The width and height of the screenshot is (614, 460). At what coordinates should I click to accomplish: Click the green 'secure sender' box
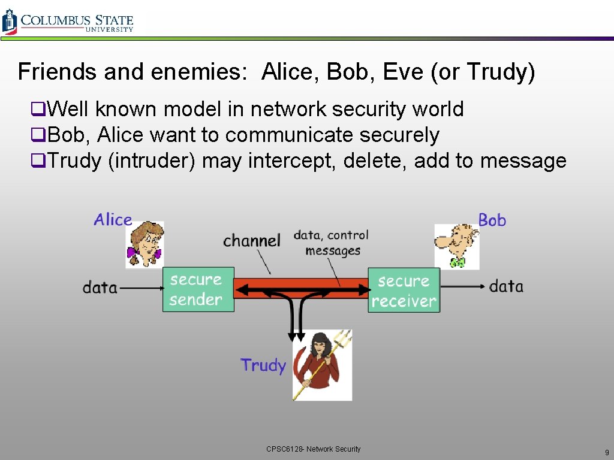198,289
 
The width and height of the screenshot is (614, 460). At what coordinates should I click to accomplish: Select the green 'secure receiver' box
404,290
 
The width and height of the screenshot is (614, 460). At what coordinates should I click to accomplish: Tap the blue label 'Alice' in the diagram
113,220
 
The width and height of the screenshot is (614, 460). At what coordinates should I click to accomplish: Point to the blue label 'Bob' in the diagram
492,220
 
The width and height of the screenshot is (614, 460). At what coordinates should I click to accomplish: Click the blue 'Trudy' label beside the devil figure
263,365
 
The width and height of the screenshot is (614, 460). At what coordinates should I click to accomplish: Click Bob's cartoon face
456,246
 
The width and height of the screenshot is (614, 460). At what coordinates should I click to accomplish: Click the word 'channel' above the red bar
251,241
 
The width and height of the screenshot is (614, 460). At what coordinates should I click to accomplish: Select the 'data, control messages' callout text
331,243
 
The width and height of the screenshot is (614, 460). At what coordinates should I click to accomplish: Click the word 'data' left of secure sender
100,287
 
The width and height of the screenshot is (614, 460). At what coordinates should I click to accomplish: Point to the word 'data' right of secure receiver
506,286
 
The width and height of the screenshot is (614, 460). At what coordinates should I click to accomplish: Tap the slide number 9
607,452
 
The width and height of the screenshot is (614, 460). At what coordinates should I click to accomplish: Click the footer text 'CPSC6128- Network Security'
314,449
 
